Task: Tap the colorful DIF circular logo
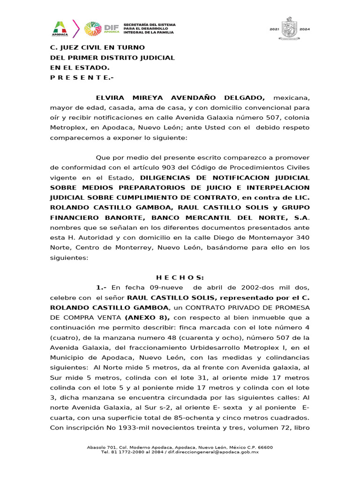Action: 92,29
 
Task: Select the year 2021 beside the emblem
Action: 274,29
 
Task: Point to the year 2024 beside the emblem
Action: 305,29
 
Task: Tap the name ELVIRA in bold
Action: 110,98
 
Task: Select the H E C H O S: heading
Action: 180,277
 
